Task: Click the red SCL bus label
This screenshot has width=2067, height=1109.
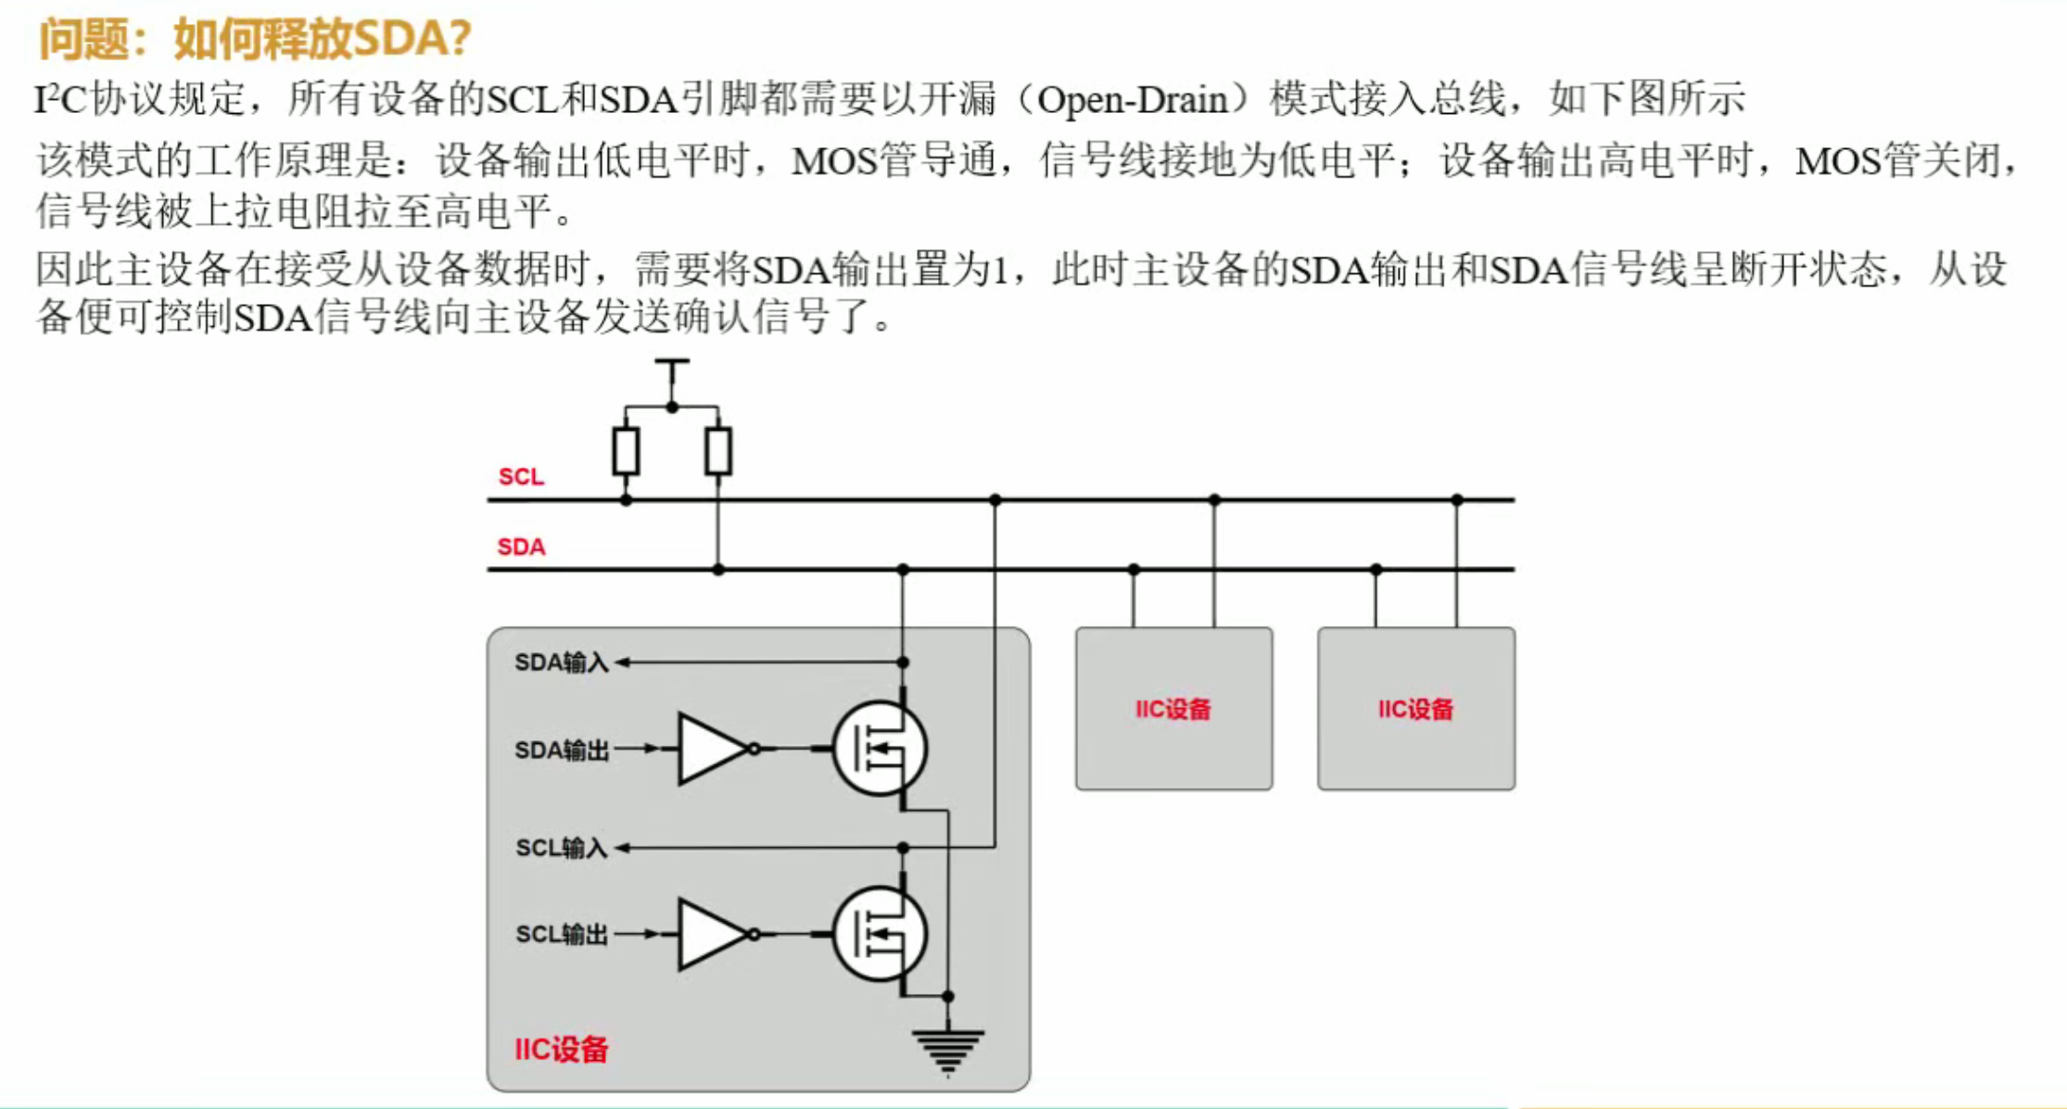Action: pos(521,476)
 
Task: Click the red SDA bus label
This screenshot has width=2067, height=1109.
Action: pos(521,547)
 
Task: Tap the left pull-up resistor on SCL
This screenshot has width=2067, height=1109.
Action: pos(626,451)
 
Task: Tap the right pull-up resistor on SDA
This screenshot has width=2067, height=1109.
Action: pos(718,451)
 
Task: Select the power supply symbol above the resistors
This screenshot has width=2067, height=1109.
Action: pos(672,364)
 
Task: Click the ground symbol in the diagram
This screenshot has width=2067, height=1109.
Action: pos(947,1051)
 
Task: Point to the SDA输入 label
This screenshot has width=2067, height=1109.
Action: pos(561,662)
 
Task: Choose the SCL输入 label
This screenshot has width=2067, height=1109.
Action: pos(561,848)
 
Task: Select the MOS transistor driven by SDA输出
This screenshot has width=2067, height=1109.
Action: pos(879,749)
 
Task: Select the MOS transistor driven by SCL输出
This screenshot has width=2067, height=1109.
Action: pos(879,934)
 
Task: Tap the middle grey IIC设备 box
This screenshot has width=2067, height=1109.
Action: pos(1173,709)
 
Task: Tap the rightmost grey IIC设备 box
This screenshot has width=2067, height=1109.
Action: pos(1415,709)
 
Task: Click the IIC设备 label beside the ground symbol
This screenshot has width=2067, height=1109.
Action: pos(561,1050)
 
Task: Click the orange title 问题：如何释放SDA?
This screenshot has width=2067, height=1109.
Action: pos(255,39)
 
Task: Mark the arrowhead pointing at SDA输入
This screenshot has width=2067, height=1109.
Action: pos(622,662)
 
